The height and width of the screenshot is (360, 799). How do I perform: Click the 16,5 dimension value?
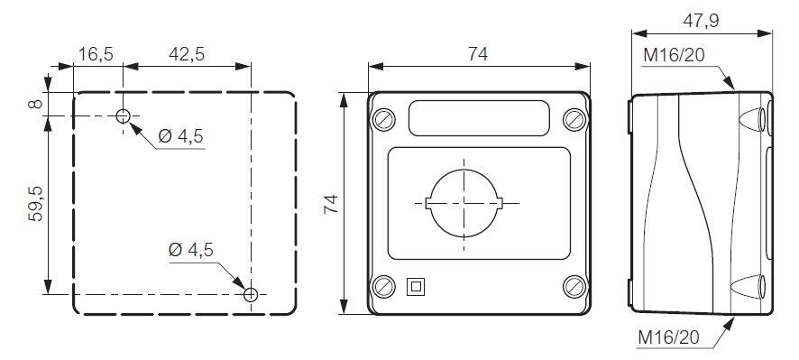click(x=96, y=54)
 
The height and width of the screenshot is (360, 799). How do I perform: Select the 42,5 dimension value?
click(x=187, y=54)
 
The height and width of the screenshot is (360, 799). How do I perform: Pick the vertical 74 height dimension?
click(x=331, y=204)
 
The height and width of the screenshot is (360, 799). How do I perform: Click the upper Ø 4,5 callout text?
click(x=180, y=136)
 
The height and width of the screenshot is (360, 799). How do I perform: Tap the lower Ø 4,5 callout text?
click(x=190, y=251)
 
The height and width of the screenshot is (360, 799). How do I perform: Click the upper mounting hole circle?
click(x=124, y=115)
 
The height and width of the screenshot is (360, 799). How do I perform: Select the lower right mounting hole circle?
click(x=251, y=294)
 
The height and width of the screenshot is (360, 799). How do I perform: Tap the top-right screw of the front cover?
click(x=574, y=119)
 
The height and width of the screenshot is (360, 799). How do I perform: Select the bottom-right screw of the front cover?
click(x=574, y=287)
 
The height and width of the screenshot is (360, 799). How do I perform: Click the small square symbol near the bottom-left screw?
click(x=416, y=287)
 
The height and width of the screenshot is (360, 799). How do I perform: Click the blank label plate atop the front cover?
click(x=478, y=118)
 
